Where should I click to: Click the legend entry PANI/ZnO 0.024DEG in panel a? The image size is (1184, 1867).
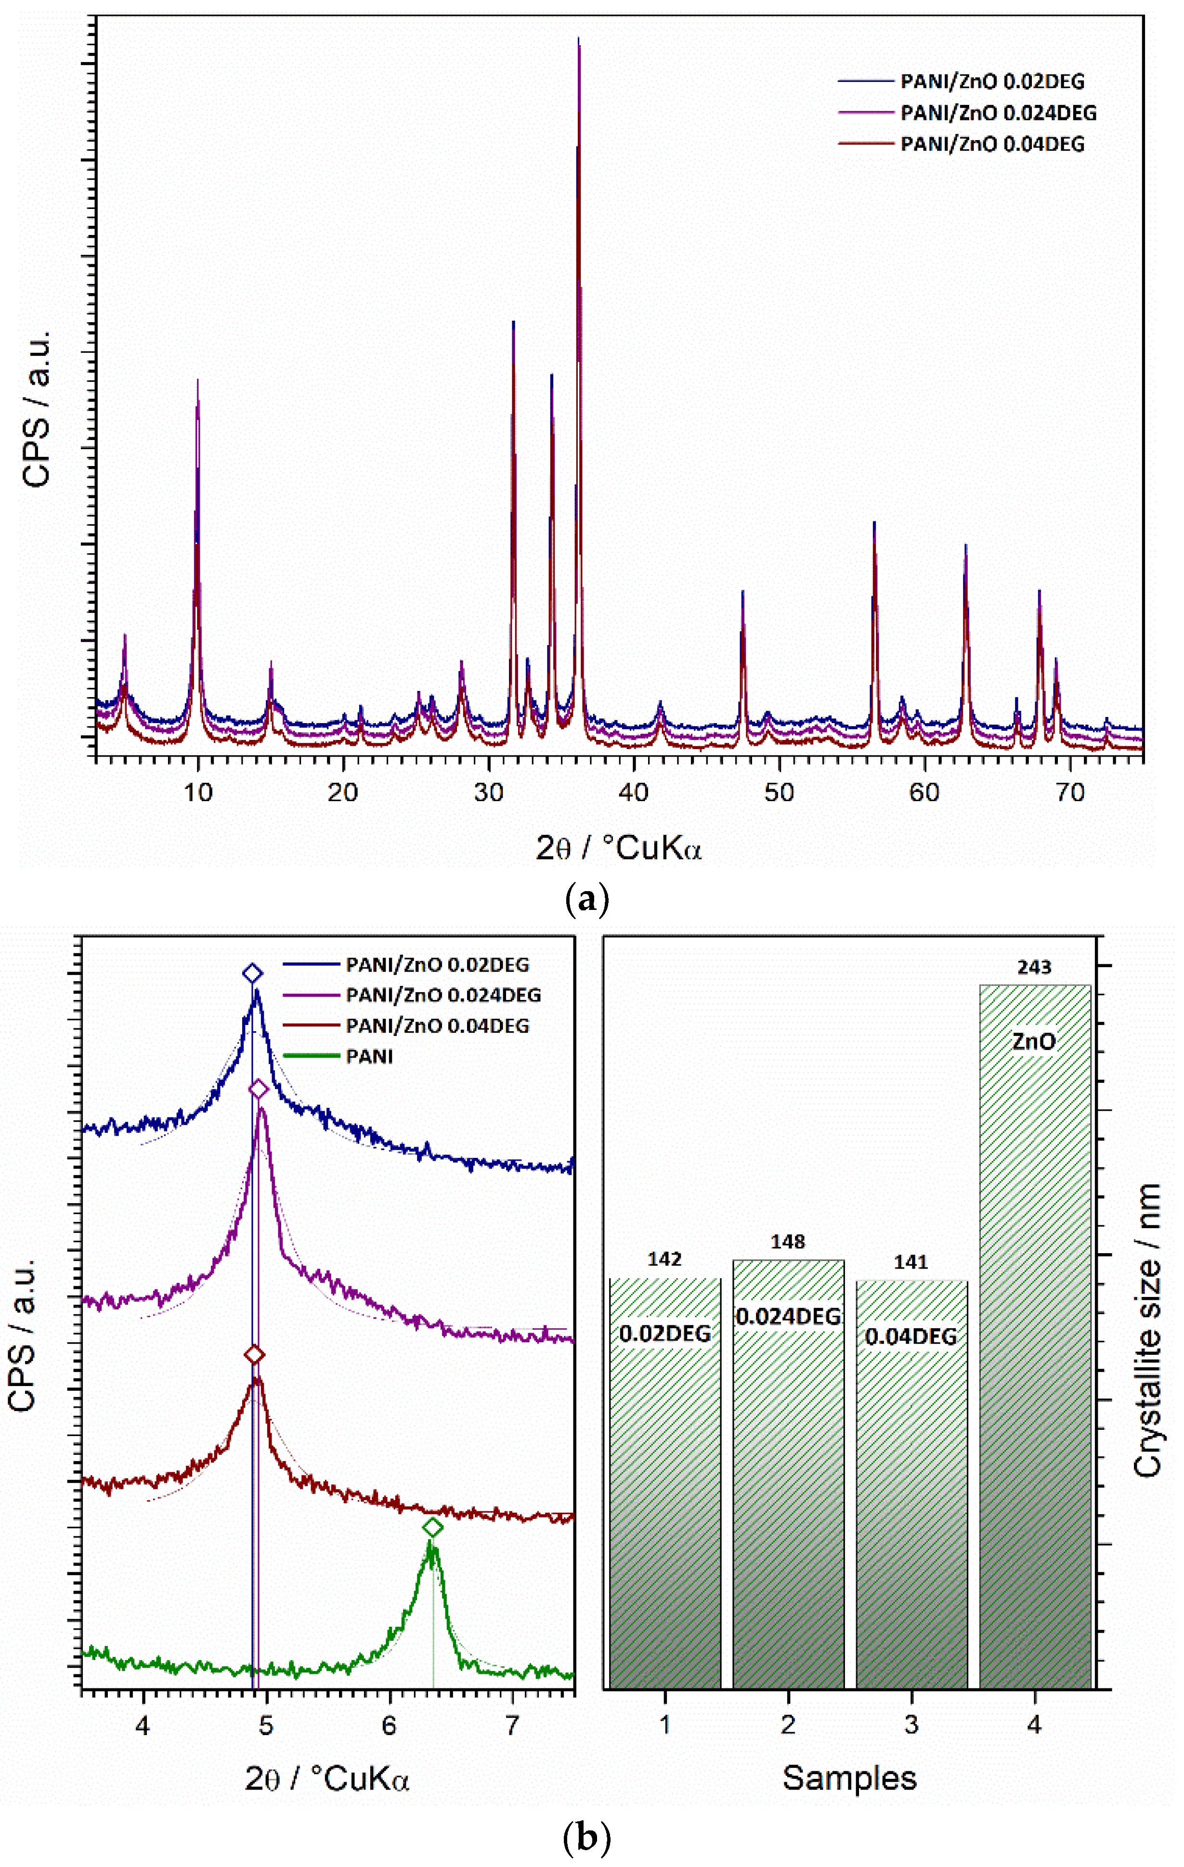pyautogui.click(x=998, y=113)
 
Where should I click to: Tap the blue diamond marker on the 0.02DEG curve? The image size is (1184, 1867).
pyautogui.click(x=252, y=974)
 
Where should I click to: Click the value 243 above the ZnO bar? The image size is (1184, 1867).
pyautogui.click(x=1034, y=968)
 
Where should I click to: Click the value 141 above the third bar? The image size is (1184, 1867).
pyautogui.click(x=911, y=1263)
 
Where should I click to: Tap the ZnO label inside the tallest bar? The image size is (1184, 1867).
pyautogui.click(x=1034, y=1041)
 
